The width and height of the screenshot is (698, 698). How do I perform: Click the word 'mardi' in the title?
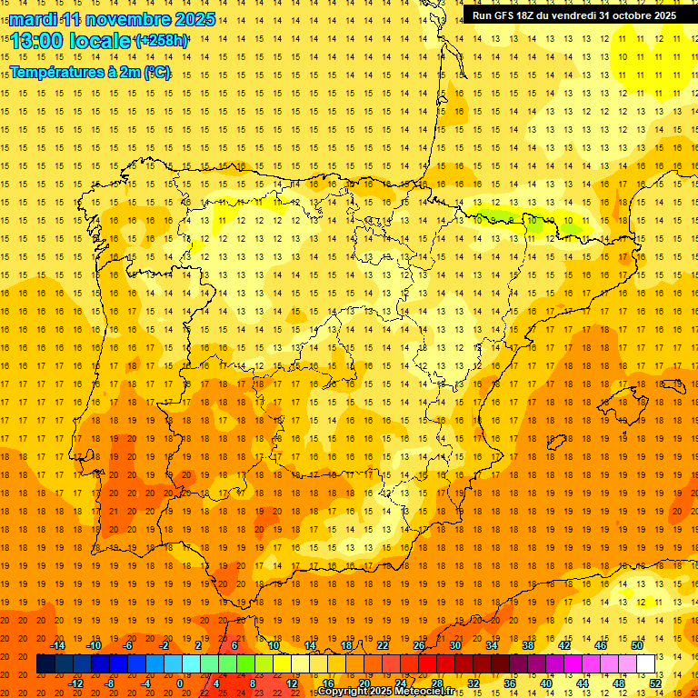(33, 19)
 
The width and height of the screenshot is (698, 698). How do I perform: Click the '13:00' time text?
(37, 41)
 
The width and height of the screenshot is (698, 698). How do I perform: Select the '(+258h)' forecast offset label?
(162, 41)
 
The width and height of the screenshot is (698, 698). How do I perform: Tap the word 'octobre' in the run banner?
(626, 15)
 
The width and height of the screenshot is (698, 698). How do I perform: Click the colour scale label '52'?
(655, 683)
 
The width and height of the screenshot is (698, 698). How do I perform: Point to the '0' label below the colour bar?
(180, 683)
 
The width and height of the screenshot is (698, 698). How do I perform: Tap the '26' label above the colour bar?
(419, 645)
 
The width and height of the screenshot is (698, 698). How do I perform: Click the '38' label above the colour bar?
(528, 645)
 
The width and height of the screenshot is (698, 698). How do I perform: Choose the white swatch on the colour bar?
(645, 664)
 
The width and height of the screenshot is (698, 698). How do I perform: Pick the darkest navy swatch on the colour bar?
(45, 664)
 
